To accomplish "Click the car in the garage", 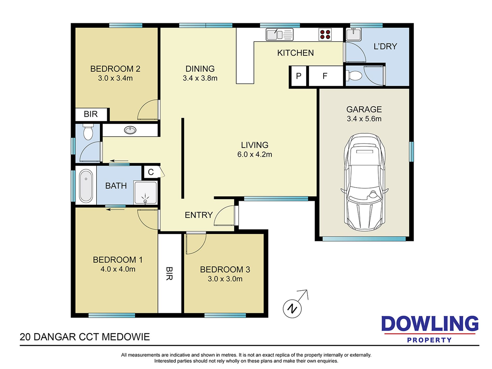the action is (364, 182).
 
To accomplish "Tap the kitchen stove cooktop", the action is (325, 35).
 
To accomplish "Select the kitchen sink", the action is (280, 34).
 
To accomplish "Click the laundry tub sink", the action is (354, 34).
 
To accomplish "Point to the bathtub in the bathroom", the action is (86, 186).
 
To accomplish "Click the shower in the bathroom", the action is (145, 193).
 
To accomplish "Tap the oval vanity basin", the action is (130, 130).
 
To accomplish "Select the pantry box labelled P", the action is (299, 76).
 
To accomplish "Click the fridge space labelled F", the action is (325, 76).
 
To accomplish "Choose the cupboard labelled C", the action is (151, 172).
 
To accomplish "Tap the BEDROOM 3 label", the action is (225, 270).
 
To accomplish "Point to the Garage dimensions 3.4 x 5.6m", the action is (364, 119).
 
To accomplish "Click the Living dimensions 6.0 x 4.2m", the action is (255, 155).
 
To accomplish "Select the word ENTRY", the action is (199, 215).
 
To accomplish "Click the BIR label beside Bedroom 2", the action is (91, 114).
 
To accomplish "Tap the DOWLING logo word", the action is (430, 324).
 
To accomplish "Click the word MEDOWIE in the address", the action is (126, 337).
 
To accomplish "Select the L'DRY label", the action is (385, 46).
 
